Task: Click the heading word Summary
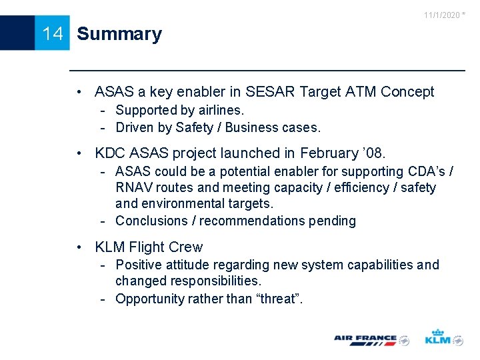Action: point(119,34)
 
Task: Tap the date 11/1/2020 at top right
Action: point(442,15)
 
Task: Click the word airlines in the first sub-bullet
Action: point(217,110)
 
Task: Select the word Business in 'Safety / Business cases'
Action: point(254,127)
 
